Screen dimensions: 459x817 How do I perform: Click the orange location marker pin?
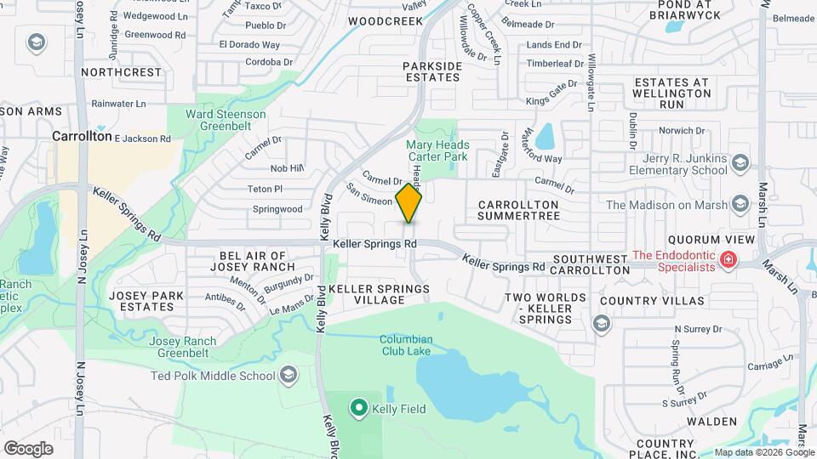click(x=408, y=202)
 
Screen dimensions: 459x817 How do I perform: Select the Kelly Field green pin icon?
click(x=358, y=409)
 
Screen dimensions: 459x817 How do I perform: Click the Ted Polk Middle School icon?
click(x=289, y=376)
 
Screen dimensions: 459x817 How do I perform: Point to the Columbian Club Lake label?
click(x=407, y=346)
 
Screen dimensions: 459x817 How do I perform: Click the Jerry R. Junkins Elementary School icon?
click(x=740, y=163)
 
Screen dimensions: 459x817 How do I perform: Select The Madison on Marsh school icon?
click(x=740, y=205)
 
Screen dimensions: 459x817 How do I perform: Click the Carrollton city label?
click(x=82, y=135)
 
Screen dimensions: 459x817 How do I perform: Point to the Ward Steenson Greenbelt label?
click(x=227, y=120)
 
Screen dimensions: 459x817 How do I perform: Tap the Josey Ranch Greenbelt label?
click(x=182, y=347)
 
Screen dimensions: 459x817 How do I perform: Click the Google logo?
click(x=28, y=448)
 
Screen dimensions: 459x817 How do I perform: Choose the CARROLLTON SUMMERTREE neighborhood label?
click(x=518, y=211)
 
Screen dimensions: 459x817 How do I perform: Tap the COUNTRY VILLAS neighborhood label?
click(x=652, y=301)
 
